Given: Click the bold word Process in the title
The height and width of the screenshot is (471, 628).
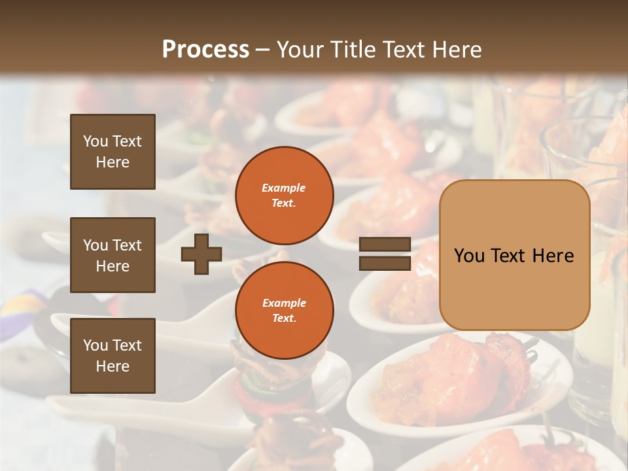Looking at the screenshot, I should point(205,50).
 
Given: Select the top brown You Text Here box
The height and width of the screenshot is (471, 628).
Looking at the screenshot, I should point(113,152).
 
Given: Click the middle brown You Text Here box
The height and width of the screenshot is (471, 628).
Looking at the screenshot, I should point(113,255).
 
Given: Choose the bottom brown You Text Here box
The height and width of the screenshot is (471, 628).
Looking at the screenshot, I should point(113,355).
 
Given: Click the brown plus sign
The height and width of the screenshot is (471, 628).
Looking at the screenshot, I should point(201,254).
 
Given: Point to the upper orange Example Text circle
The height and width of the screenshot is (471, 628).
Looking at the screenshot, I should point(284,196).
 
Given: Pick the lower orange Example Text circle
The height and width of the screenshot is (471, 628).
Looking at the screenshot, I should point(284,311).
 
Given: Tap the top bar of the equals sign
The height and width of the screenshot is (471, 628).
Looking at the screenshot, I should point(385,245).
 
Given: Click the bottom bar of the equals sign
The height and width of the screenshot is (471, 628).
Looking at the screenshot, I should point(385,263).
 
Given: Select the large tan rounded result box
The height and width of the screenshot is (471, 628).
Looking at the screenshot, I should point(514,255).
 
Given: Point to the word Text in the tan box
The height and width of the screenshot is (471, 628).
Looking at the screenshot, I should point(514,256).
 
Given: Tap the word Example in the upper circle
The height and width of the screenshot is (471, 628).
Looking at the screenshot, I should point(283,188).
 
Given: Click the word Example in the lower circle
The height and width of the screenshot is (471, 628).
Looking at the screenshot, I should point(283,303).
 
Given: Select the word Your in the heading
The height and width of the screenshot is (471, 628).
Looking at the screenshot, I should point(299,50).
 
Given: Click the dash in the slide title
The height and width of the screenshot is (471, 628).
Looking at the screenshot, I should point(263,50).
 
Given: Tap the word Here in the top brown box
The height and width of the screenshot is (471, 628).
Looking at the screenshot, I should point(113,162).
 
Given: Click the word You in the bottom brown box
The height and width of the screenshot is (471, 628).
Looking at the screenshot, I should point(95,345).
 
